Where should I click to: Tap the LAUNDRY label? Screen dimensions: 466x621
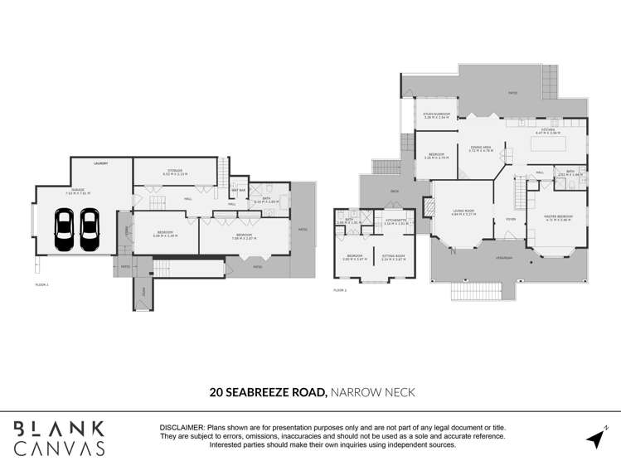tap(101, 163)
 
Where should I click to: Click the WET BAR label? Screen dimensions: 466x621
tap(238, 190)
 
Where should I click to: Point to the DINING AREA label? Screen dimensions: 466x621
tap(481, 148)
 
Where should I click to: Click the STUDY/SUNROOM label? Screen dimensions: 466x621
tap(436, 115)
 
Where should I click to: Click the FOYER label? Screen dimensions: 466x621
tap(510, 219)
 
